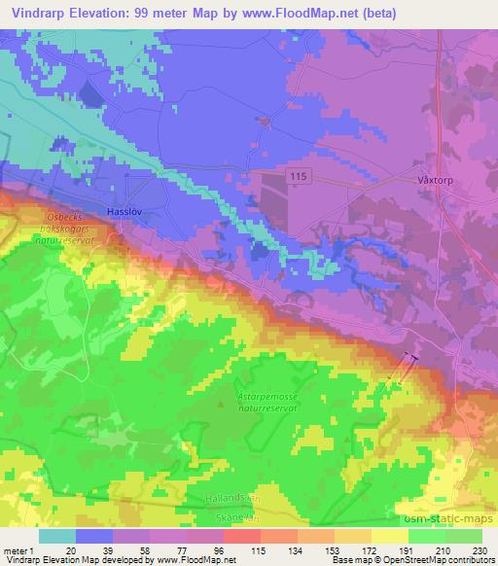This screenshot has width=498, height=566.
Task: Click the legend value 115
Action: (259, 549)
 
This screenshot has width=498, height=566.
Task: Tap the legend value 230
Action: (480, 549)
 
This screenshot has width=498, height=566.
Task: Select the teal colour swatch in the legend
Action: (57, 536)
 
